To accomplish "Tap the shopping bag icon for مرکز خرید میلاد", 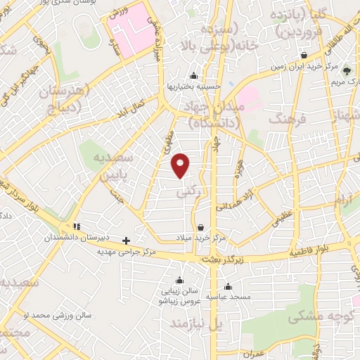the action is (x=202, y=228).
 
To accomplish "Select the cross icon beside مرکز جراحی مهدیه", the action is (x=126, y=240).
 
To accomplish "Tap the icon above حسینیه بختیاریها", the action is (x=193, y=75).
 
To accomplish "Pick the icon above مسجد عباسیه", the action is (x=228, y=286).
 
